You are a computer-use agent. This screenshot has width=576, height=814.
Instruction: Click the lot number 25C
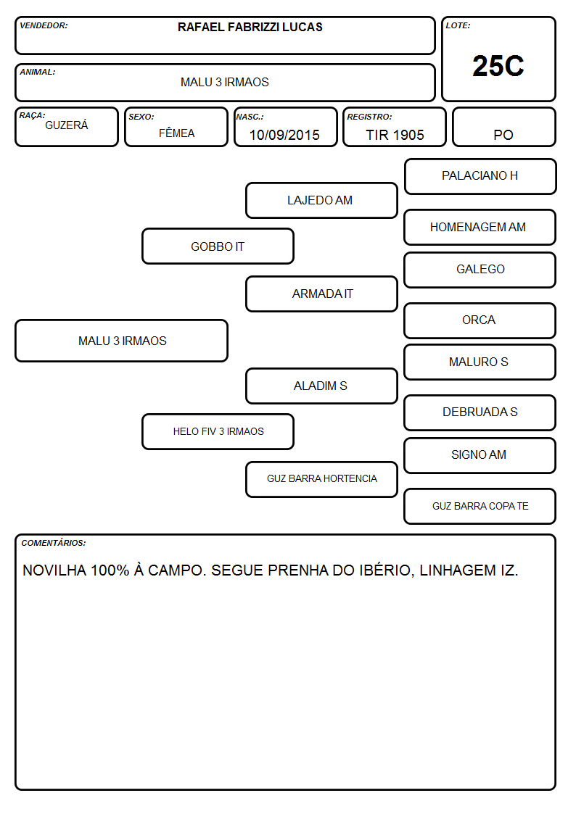point(498,66)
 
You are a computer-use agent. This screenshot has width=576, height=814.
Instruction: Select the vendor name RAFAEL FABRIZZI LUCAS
point(250,27)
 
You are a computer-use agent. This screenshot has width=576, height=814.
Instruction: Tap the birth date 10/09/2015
point(284,135)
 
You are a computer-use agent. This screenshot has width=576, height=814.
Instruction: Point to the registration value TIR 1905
point(395,135)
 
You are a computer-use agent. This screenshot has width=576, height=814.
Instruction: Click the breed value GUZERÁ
point(67,125)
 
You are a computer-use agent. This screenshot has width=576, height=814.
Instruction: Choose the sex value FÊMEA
point(176,133)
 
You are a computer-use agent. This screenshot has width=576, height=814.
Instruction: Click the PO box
point(503,127)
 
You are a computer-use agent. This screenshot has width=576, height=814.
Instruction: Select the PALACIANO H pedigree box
point(480,177)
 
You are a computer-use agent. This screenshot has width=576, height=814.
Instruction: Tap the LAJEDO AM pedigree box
point(321,200)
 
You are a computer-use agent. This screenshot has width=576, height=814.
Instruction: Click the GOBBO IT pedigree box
point(218,246)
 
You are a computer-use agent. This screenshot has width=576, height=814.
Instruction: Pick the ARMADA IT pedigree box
point(321,294)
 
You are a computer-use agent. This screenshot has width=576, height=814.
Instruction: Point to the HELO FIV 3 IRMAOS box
point(218,431)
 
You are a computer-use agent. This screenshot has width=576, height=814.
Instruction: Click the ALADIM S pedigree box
point(321,386)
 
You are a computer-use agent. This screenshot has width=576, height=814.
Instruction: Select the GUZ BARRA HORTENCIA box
point(321,479)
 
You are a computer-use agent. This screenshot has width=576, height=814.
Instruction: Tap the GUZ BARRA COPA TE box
point(480,506)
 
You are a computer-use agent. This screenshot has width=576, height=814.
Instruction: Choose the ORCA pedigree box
point(480,320)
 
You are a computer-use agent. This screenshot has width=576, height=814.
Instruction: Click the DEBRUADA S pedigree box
point(480,412)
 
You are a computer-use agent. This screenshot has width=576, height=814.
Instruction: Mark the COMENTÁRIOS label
point(54,543)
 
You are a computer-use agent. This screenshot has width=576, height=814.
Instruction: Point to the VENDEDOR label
point(44,25)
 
